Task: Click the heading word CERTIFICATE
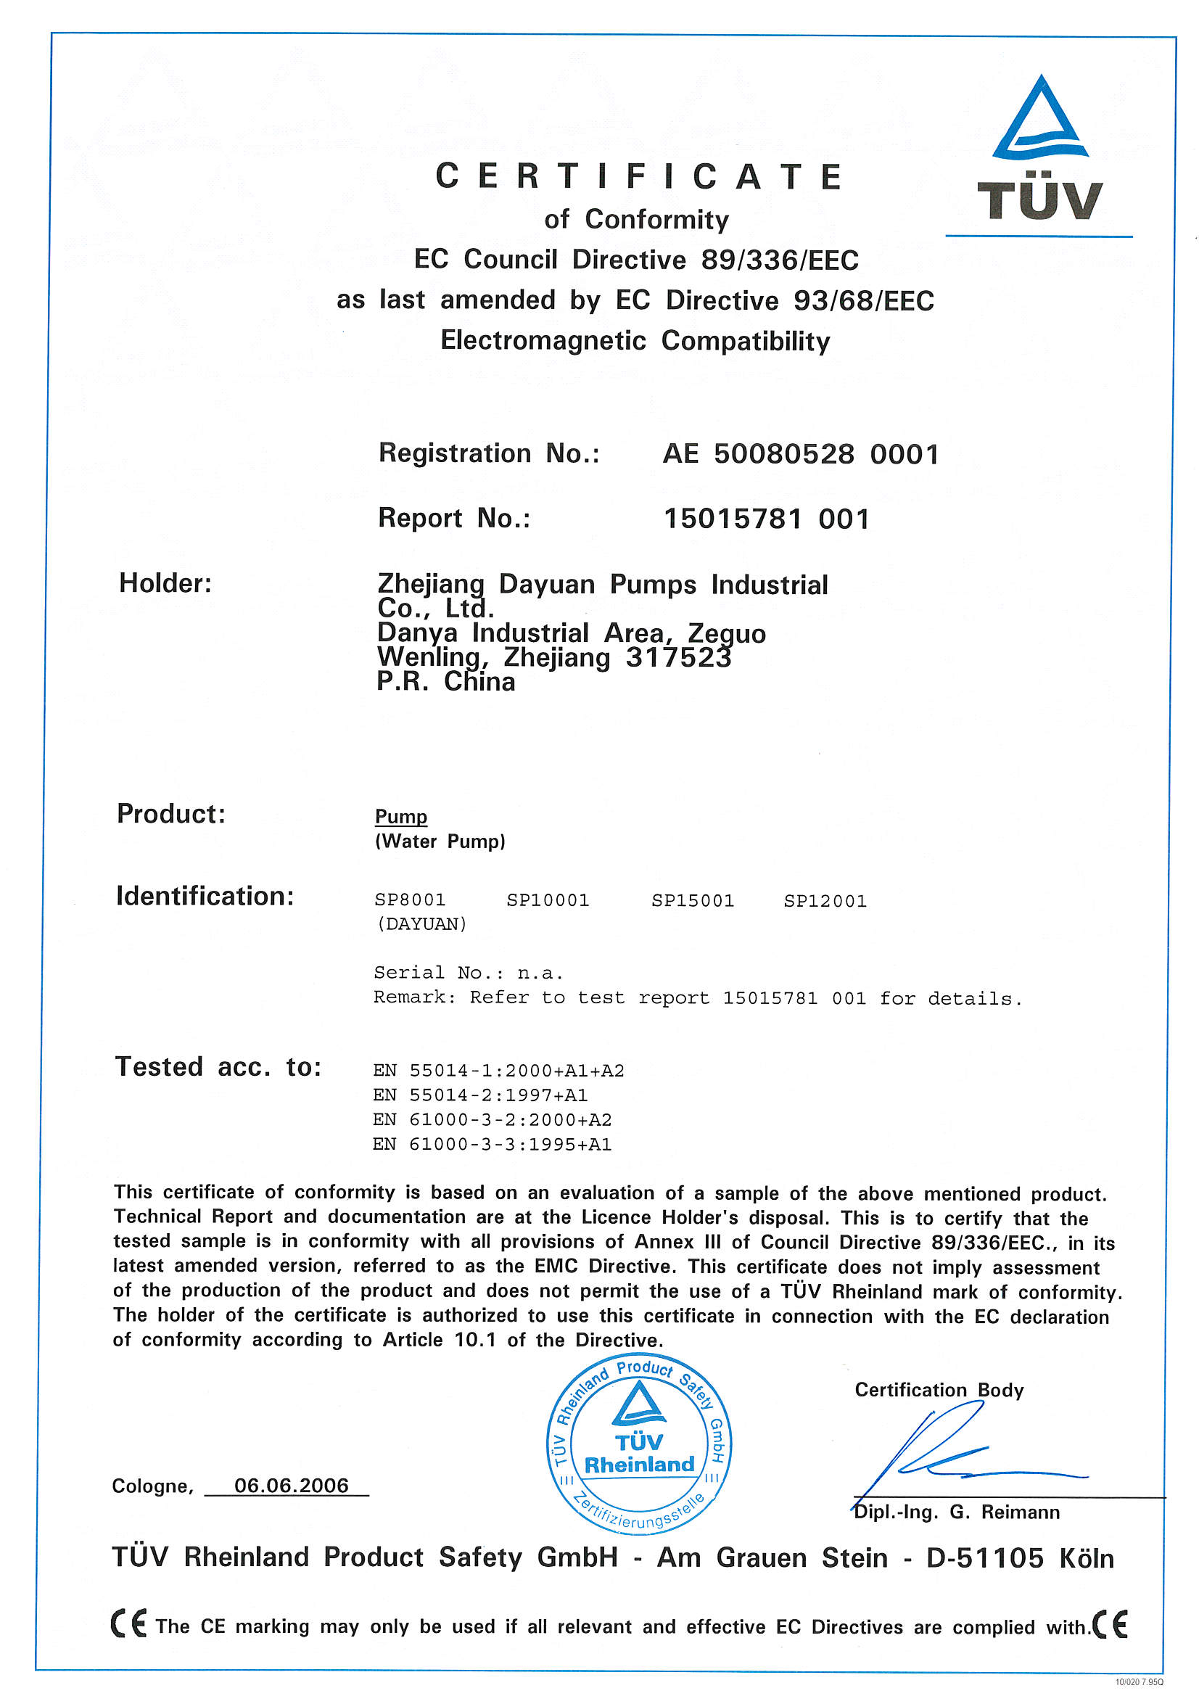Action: click(x=638, y=177)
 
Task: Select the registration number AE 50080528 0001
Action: click(x=801, y=454)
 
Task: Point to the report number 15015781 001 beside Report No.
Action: click(x=766, y=519)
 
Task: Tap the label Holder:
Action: click(x=165, y=583)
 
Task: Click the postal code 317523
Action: click(x=678, y=657)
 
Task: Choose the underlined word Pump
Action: click(x=401, y=816)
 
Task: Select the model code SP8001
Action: click(x=410, y=900)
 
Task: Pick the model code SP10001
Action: click(x=548, y=900)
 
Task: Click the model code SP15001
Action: click(x=692, y=900)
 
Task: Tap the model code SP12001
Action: click(x=825, y=900)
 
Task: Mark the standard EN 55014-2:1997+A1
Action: click(x=480, y=1095)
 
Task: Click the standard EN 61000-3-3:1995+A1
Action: click(x=492, y=1144)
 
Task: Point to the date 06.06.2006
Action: click(x=291, y=1486)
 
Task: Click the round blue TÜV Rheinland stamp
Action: click(x=639, y=1444)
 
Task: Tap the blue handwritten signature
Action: click(x=953, y=1452)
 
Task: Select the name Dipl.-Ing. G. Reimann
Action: click(x=957, y=1512)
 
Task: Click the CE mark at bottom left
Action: click(x=128, y=1623)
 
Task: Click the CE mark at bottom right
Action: click(x=1111, y=1623)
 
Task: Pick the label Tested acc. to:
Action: click(x=218, y=1067)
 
